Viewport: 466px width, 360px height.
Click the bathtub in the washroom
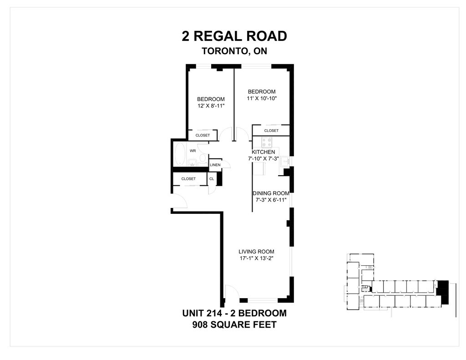pyautogui.click(x=179, y=155)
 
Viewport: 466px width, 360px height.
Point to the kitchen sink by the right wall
pyautogui.click(x=285, y=161)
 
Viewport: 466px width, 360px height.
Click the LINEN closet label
pyautogui.click(x=215, y=165)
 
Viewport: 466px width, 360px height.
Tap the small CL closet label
pyautogui.click(x=212, y=179)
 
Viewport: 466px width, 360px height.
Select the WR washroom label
pyautogui.click(x=193, y=150)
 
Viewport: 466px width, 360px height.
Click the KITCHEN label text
pyautogui.click(x=263, y=152)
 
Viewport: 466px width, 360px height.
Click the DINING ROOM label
pyautogui.click(x=271, y=193)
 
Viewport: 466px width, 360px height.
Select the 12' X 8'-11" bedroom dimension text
pyautogui.click(x=211, y=106)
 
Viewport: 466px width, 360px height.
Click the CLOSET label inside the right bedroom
pyautogui.click(x=271, y=131)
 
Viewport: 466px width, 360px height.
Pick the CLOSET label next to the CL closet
pyautogui.click(x=188, y=179)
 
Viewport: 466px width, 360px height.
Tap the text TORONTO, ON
pyautogui.click(x=234, y=51)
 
